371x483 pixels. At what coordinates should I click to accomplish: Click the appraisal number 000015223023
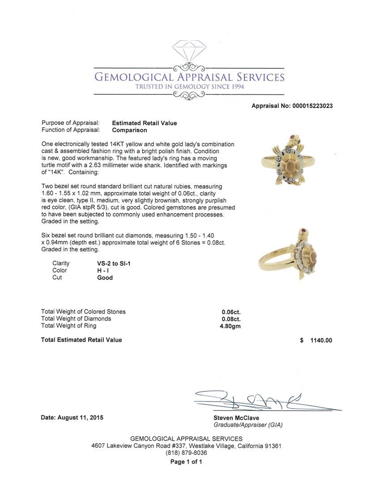coord(312,106)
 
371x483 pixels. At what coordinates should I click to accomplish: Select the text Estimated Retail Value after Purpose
coord(144,123)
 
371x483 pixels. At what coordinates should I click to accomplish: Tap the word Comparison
coord(129,130)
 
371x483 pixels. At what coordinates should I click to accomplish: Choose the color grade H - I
coord(102,271)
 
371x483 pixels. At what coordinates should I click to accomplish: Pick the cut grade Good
coord(105,278)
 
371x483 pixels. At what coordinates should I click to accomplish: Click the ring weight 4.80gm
coord(230,326)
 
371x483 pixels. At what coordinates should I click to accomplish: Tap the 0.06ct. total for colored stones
coord(231,312)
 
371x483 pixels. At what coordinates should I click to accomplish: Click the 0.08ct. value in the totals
coord(231,319)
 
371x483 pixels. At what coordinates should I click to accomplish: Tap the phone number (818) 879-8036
coord(186,453)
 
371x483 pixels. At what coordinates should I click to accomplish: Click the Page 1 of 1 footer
coord(186,462)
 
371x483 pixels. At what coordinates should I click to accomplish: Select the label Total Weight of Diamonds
coord(76,319)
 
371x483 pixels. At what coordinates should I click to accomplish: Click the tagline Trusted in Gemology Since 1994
coord(189,86)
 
